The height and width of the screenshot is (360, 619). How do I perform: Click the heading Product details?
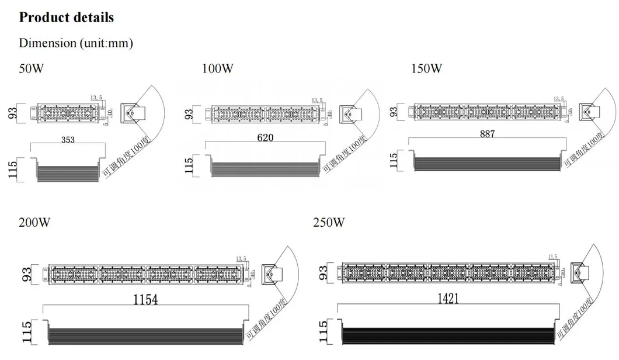66,17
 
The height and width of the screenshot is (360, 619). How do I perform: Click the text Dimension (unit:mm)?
76,43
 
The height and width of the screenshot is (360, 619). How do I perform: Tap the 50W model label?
32,68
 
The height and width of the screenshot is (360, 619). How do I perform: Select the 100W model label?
217,68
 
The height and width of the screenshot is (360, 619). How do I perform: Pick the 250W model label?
329,223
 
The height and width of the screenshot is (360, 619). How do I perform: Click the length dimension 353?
69,140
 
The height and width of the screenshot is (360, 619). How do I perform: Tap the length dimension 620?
264,139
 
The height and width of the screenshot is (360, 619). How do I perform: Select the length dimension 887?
487,134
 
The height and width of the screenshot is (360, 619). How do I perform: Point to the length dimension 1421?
447,299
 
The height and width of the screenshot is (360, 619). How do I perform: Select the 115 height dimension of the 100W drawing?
189,164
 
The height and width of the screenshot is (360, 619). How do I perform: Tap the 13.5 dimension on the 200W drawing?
241,258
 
